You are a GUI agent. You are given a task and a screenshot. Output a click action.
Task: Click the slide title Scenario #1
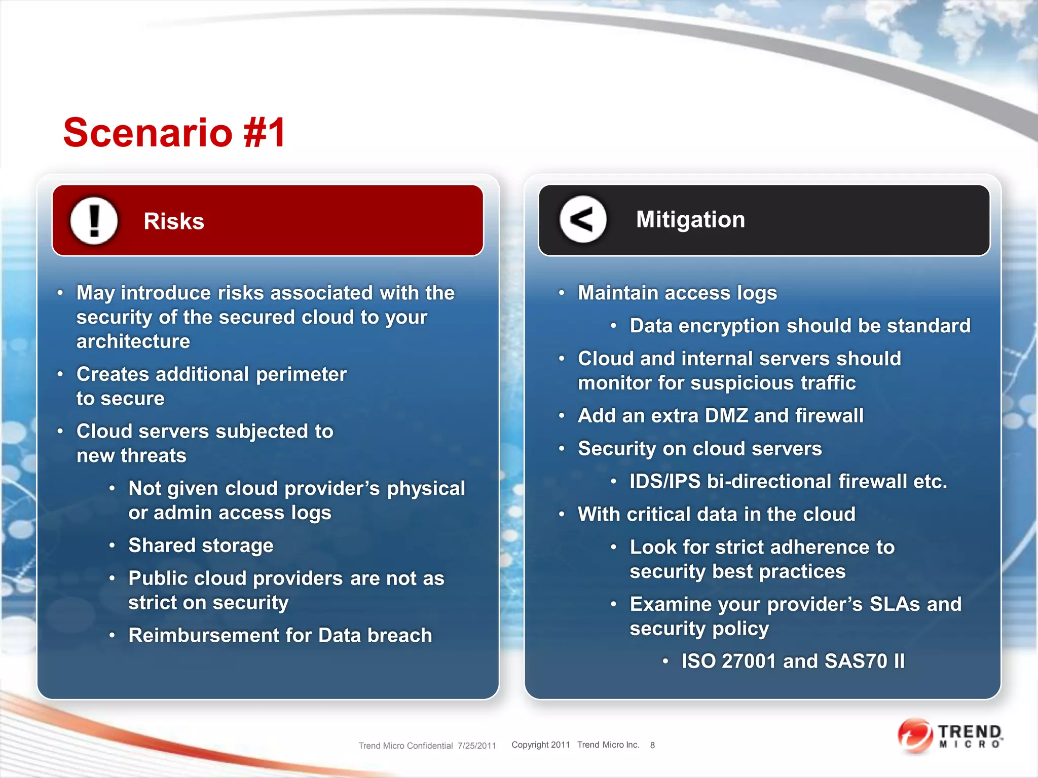pos(174,133)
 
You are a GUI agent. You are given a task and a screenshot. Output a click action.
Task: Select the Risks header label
pos(174,221)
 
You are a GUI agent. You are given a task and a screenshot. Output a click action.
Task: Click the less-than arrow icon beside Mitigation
pos(583,220)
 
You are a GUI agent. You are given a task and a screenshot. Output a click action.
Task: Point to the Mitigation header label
pos(690,220)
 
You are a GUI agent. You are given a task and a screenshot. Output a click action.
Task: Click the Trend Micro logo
pos(950,736)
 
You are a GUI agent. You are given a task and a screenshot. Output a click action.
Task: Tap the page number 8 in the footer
pos(652,745)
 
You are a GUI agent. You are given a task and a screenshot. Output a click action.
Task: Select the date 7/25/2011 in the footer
pos(476,746)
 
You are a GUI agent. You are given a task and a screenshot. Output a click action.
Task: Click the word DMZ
pos(726,416)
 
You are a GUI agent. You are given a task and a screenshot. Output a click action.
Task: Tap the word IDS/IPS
pos(664,482)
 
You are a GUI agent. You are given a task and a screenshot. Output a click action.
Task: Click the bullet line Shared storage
pos(201,546)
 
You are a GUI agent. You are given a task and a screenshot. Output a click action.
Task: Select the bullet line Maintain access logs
pos(677,293)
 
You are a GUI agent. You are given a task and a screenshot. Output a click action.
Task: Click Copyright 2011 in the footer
pos(541,745)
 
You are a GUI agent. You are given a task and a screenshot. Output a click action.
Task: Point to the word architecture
pos(133,342)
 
